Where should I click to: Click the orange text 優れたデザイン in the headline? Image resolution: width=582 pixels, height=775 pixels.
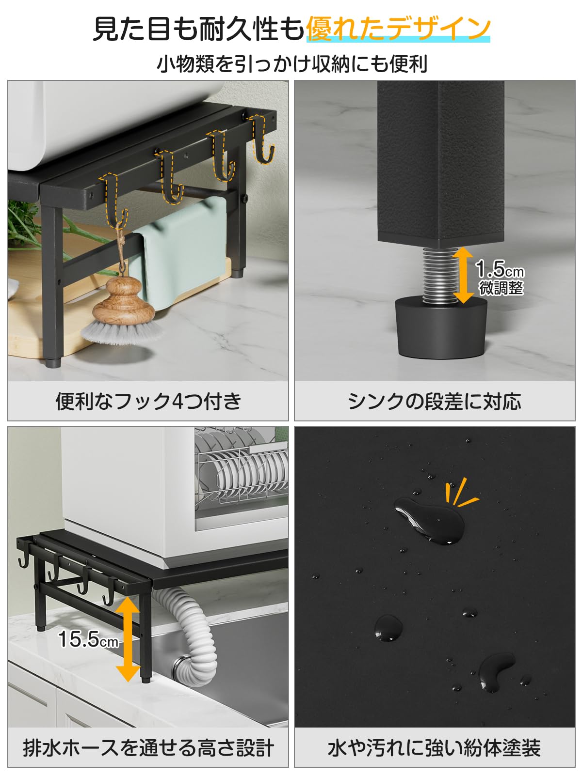point(398,28)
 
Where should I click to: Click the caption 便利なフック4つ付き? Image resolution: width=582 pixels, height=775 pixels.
point(148,402)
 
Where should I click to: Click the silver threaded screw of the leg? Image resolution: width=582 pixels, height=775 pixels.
point(439,274)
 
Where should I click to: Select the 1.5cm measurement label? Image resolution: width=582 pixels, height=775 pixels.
point(500,269)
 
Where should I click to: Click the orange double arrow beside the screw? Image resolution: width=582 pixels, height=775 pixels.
point(464,275)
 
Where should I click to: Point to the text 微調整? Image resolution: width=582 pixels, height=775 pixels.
point(501,288)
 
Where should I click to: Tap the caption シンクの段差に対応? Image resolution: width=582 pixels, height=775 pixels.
point(435,402)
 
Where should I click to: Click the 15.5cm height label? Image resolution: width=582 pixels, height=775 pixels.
point(88,639)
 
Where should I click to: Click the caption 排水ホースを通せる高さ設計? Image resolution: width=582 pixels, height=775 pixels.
point(148,748)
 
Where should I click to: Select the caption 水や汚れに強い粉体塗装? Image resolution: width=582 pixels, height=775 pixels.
point(435,748)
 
